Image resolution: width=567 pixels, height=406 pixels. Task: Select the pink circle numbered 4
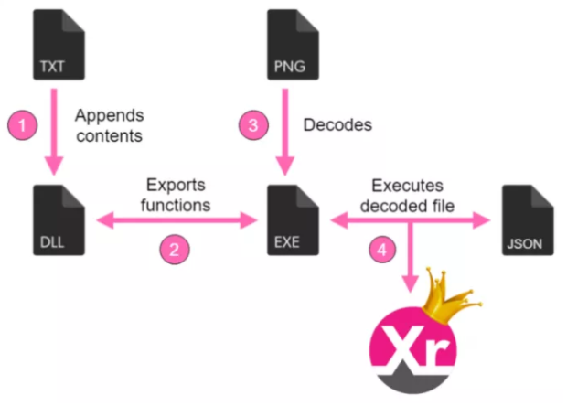click(x=385, y=249)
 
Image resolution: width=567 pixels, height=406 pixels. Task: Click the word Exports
click(x=173, y=186)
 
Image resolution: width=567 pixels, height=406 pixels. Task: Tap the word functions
click(x=174, y=205)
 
